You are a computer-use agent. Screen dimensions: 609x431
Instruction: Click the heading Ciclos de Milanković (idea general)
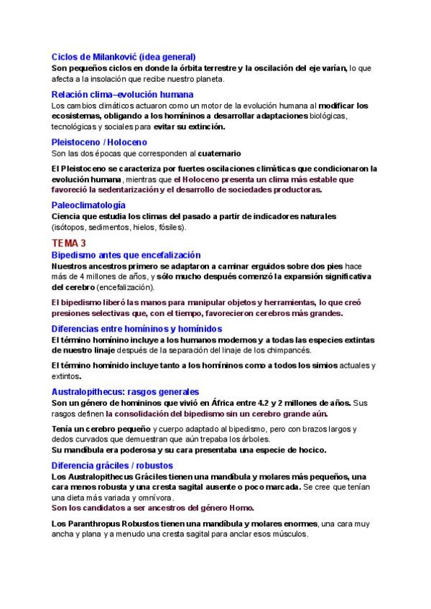pyautogui.click(x=124, y=57)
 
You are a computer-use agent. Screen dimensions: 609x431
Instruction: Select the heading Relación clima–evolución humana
pyautogui.click(x=123, y=94)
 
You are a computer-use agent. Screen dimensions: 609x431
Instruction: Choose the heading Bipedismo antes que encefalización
pyautogui.click(x=126, y=255)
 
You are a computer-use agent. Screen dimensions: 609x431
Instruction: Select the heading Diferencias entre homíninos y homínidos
pyautogui.click(x=136, y=328)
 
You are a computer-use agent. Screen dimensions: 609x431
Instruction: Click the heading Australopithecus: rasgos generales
pyautogui.click(x=125, y=392)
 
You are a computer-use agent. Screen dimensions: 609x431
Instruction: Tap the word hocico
pyautogui.click(x=307, y=450)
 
